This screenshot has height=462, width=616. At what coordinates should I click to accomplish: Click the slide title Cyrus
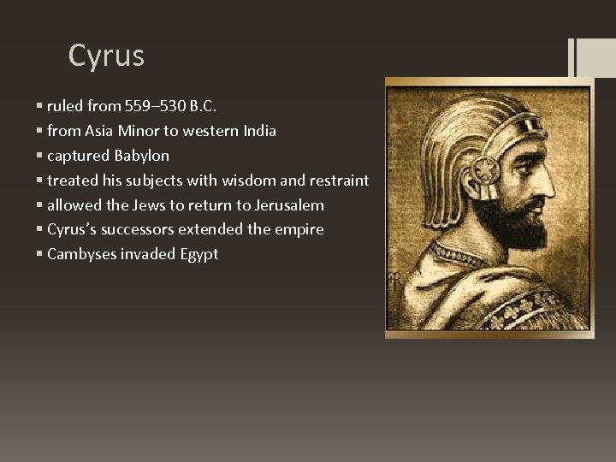click(106, 56)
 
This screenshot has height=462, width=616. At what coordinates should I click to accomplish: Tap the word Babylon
click(141, 157)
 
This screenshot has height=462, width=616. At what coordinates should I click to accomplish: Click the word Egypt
click(198, 254)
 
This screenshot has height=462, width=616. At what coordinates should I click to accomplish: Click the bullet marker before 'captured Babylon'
click(41, 157)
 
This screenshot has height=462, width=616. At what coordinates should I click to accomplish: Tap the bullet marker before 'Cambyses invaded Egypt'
click(41, 254)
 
